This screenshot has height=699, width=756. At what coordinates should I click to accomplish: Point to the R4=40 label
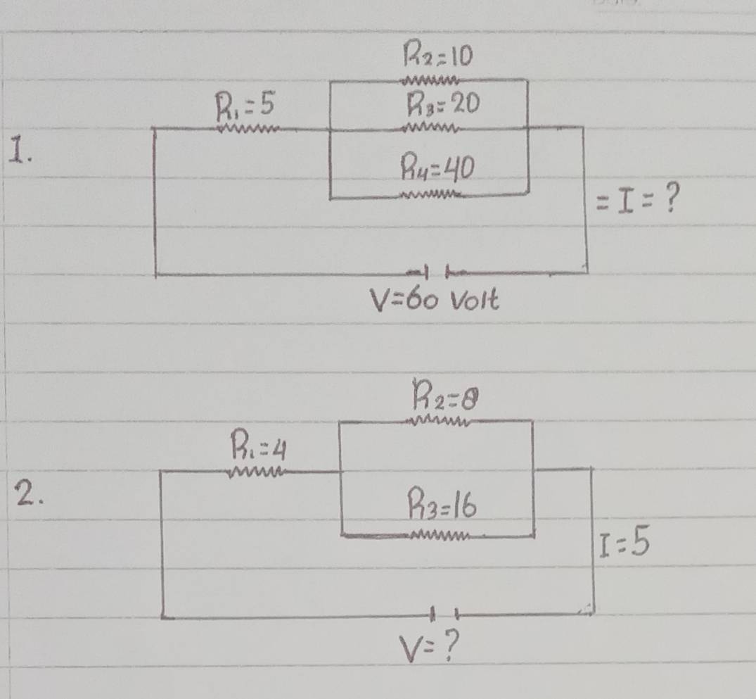click(x=437, y=168)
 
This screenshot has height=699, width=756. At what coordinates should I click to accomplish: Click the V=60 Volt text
click(x=434, y=301)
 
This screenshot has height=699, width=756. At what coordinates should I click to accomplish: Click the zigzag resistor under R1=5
click(x=250, y=128)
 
